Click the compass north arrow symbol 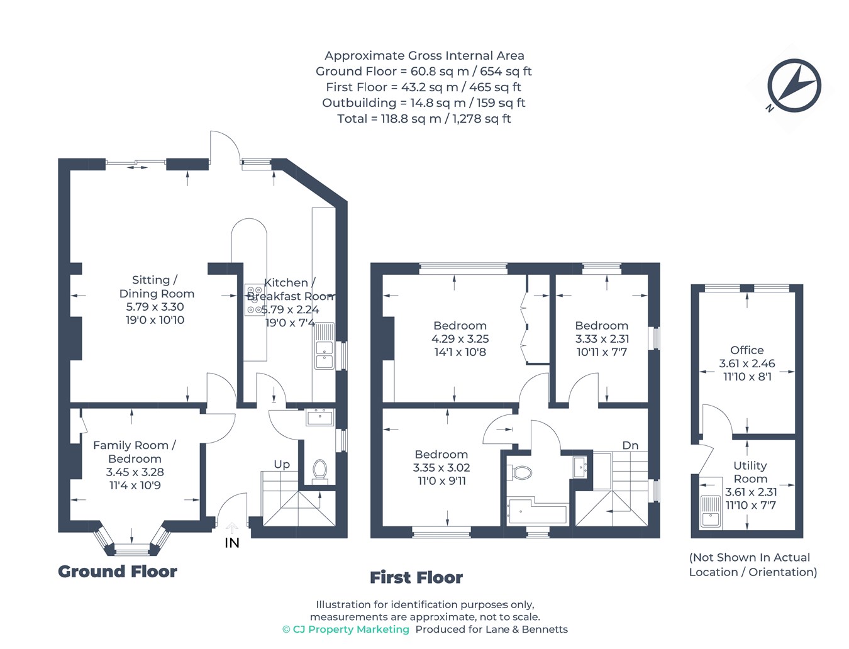[794, 86]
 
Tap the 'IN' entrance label [231, 543]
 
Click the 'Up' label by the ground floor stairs [282, 465]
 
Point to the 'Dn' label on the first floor [630, 445]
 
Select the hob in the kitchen [255, 300]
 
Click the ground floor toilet [320, 470]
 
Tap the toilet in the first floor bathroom [519, 472]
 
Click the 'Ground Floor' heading [118, 571]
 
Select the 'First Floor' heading [416, 577]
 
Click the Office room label [747, 350]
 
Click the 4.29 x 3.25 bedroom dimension [460, 339]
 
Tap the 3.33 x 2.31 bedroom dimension [602, 339]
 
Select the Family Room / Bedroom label [135, 452]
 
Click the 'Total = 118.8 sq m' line [424, 119]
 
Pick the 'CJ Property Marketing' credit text [346, 630]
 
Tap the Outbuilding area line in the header [423, 103]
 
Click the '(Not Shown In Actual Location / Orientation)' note [753, 565]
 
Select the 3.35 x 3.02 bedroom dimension [441, 468]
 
